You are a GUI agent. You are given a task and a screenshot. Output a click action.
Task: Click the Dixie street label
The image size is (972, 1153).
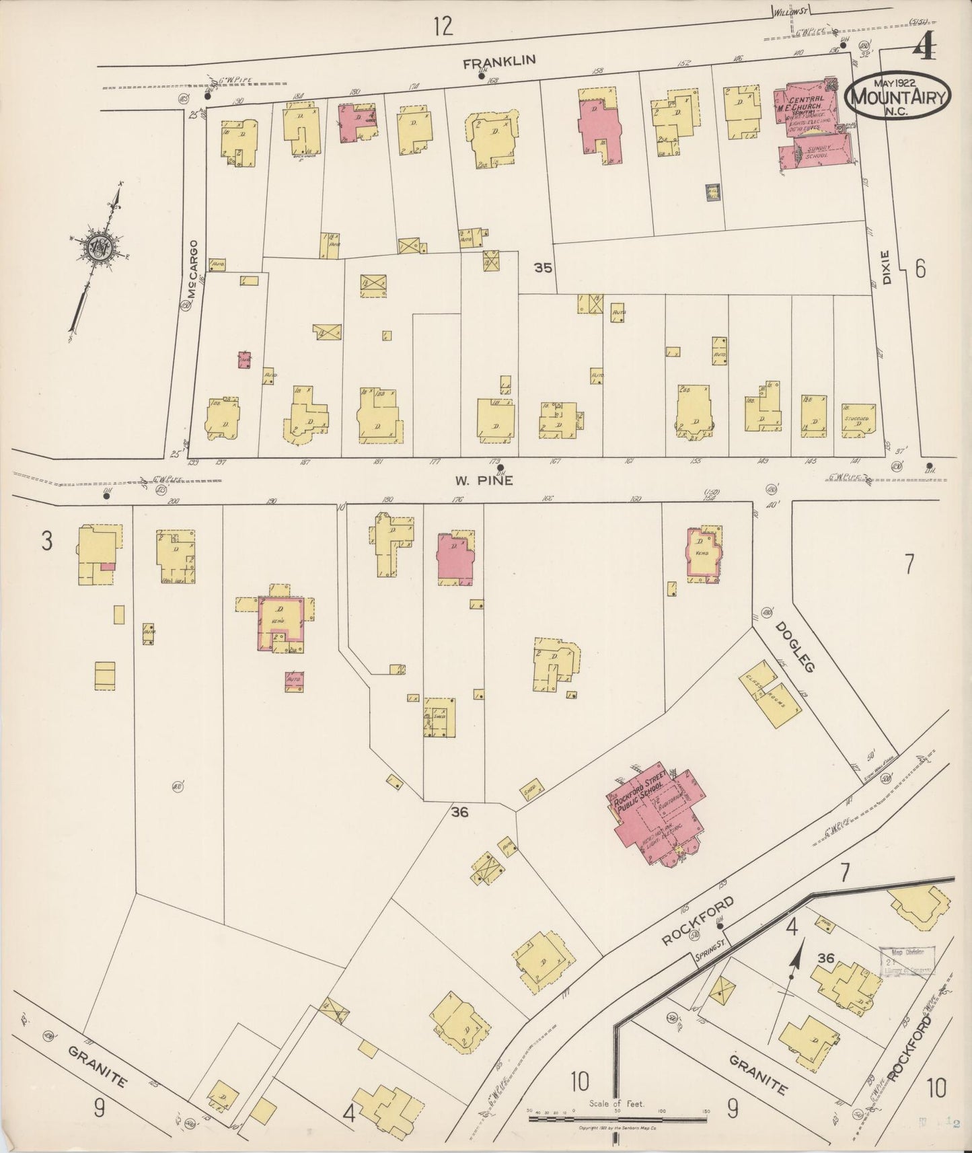pyautogui.click(x=887, y=267)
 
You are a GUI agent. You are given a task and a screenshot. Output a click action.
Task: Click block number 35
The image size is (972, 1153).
pyautogui.click(x=543, y=268)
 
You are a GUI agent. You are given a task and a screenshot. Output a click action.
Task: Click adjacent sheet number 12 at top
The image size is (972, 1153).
pyautogui.click(x=443, y=27)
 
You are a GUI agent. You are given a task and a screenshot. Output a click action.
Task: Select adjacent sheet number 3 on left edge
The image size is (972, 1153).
pyautogui.click(x=46, y=541)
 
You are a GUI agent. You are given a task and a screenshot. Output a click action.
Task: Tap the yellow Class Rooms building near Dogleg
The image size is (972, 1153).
pyautogui.click(x=771, y=700)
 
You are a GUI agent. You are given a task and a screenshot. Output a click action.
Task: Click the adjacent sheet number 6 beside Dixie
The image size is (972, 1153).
pyautogui.click(x=920, y=268)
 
